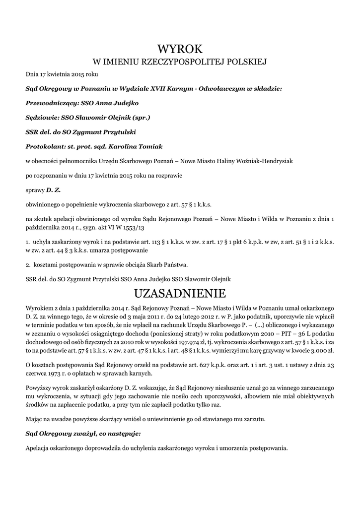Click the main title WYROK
pyautogui.click(x=180, y=48)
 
